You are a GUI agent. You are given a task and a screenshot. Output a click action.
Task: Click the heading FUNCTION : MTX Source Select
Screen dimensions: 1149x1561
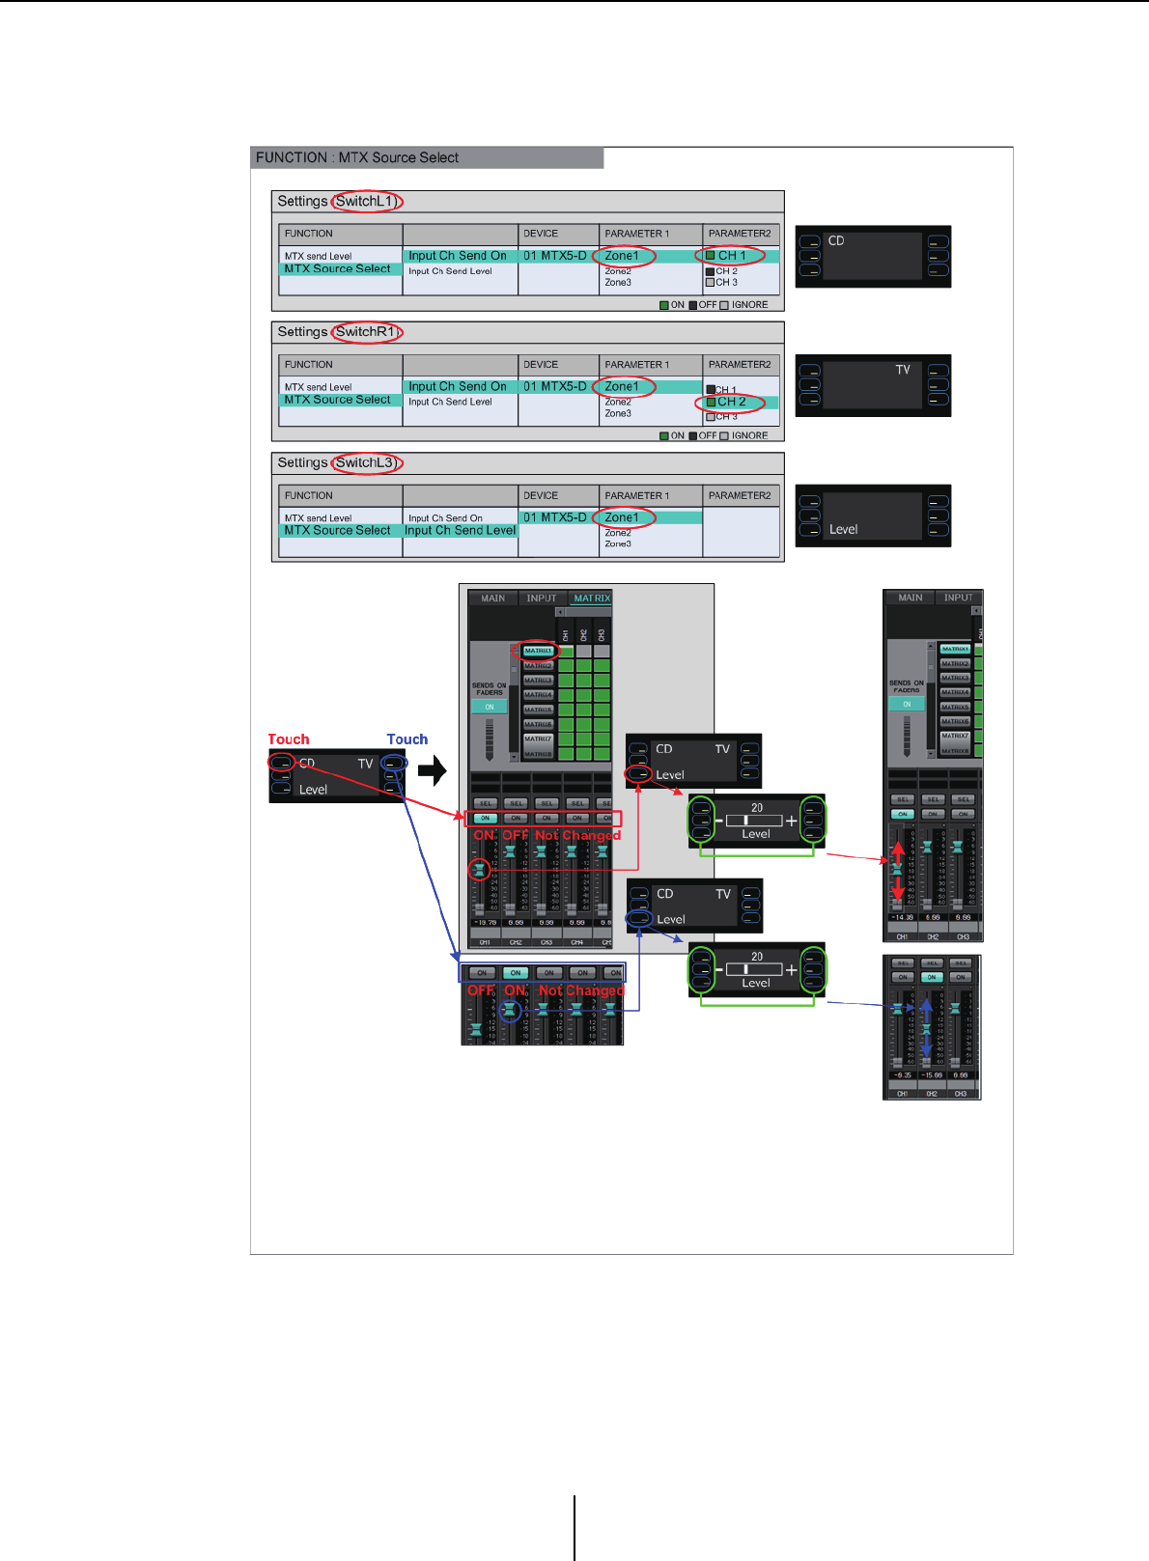coord(357,157)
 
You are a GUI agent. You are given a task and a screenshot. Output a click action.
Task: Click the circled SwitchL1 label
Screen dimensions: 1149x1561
coord(365,201)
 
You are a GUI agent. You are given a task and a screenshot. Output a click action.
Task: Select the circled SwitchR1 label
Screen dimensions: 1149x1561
coord(366,331)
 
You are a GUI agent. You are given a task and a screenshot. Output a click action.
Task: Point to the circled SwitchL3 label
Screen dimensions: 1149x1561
coord(365,462)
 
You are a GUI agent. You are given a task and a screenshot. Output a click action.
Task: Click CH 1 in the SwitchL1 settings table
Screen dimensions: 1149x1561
coord(731,256)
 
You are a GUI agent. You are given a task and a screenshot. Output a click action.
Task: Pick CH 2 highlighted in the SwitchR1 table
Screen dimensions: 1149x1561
coord(731,402)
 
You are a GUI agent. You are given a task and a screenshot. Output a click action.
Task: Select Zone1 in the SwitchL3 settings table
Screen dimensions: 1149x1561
coord(622,517)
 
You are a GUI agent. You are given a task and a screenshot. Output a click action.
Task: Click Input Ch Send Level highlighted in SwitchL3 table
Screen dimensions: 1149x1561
coord(461,530)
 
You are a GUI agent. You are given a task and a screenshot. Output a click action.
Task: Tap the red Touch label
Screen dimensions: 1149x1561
coord(289,739)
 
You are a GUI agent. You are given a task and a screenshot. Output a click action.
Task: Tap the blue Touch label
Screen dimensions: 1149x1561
coord(407,739)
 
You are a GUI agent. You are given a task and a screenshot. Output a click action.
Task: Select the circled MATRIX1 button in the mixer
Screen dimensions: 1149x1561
coord(538,651)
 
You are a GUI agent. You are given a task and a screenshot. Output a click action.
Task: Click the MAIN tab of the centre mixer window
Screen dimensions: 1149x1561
coord(492,599)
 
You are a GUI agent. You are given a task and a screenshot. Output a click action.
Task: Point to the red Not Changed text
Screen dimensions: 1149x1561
coord(577,835)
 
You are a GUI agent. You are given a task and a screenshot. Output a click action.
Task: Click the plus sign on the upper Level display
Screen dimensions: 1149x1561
coord(792,821)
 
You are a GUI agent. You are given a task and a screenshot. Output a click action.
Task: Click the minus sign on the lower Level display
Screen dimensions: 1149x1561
coord(719,970)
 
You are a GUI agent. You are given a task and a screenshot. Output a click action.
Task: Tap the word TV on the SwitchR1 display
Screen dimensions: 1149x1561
coord(903,370)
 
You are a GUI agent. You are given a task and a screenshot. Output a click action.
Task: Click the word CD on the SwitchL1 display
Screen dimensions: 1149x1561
coord(836,240)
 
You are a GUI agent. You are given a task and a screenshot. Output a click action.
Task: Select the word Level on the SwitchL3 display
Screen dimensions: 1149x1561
coord(843,529)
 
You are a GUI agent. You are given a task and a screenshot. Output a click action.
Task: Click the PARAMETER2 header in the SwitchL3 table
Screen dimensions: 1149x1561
coord(740,495)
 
